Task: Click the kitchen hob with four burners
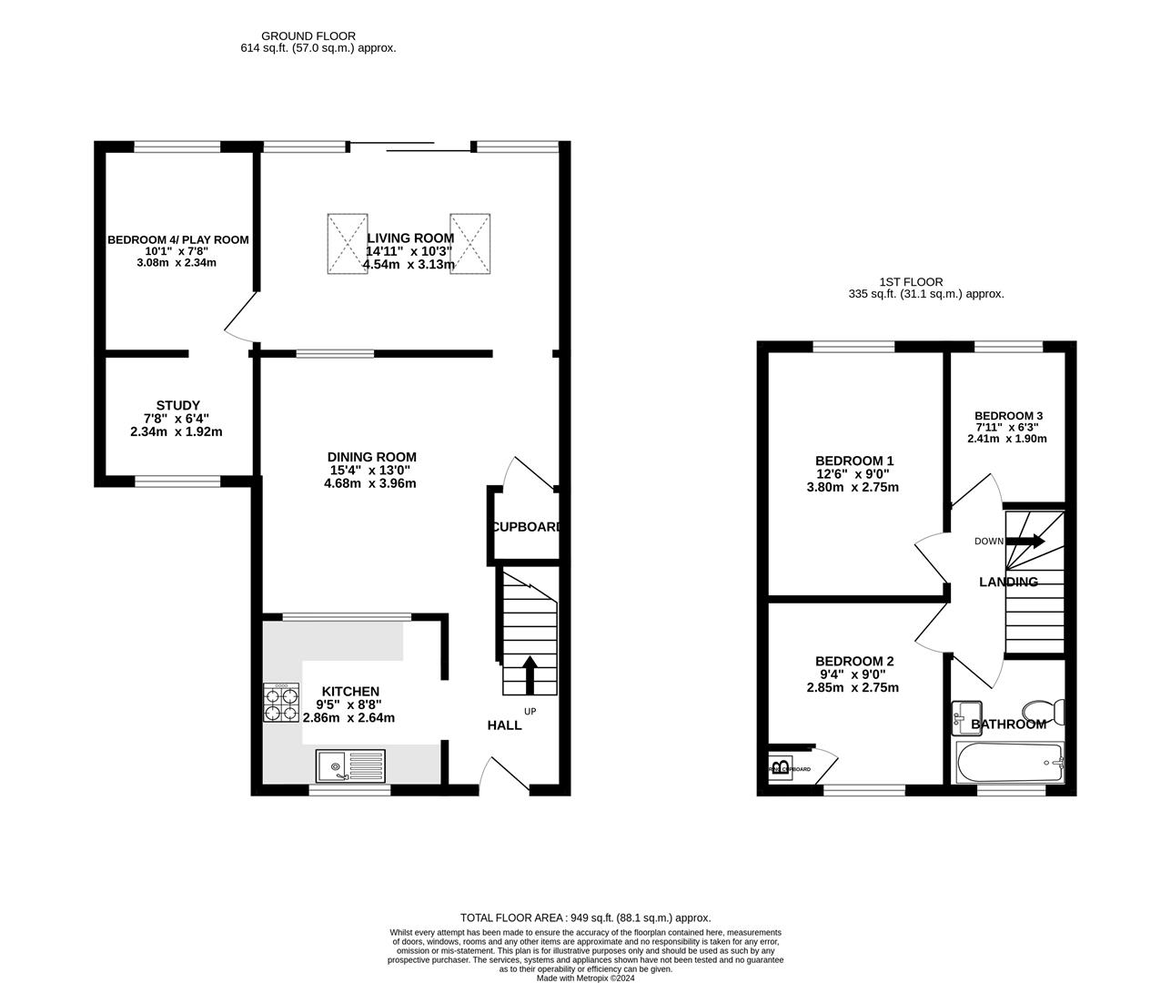click(281, 703)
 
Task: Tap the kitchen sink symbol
click(351, 766)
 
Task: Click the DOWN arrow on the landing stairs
click(1026, 541)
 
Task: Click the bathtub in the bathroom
click(1009, 762)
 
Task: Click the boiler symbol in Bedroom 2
click(781, 766)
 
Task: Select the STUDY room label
click(177, 406)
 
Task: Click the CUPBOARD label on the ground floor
click(526, 527)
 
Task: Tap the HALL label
click(504, 725)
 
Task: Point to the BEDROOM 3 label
click(1007, 414)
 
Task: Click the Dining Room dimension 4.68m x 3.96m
click(370, 483)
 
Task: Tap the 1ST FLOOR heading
click(911, 282)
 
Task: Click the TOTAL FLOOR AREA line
click(585, 918)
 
